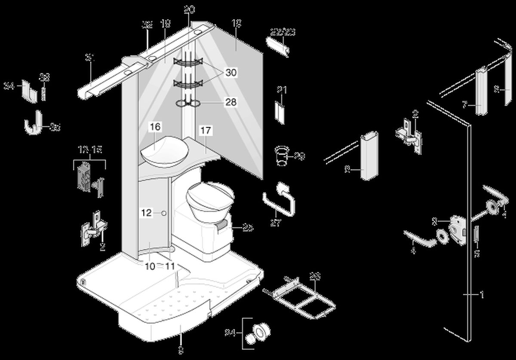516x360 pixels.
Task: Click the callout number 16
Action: [x=155, y=127]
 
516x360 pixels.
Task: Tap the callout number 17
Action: [x=206, y=130]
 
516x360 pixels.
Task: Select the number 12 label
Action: [x=147, y=213]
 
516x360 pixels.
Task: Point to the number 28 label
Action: [x=231, y=102]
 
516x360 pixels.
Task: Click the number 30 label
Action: [x=231, y=73]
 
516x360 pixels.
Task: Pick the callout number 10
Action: [x=149, y=266]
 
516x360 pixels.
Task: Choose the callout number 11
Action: [x=170, y=266]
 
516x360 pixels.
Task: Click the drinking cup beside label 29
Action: [x=281, y=156]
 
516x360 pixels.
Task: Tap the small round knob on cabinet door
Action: [x=163, y=213]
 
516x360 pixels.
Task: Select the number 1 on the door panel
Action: [x=482, y=295]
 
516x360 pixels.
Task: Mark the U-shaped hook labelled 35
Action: [x=36, y=123]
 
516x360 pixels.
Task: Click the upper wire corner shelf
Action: [x=187, y=63]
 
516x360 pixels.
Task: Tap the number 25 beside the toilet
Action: [x=248, y=228]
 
